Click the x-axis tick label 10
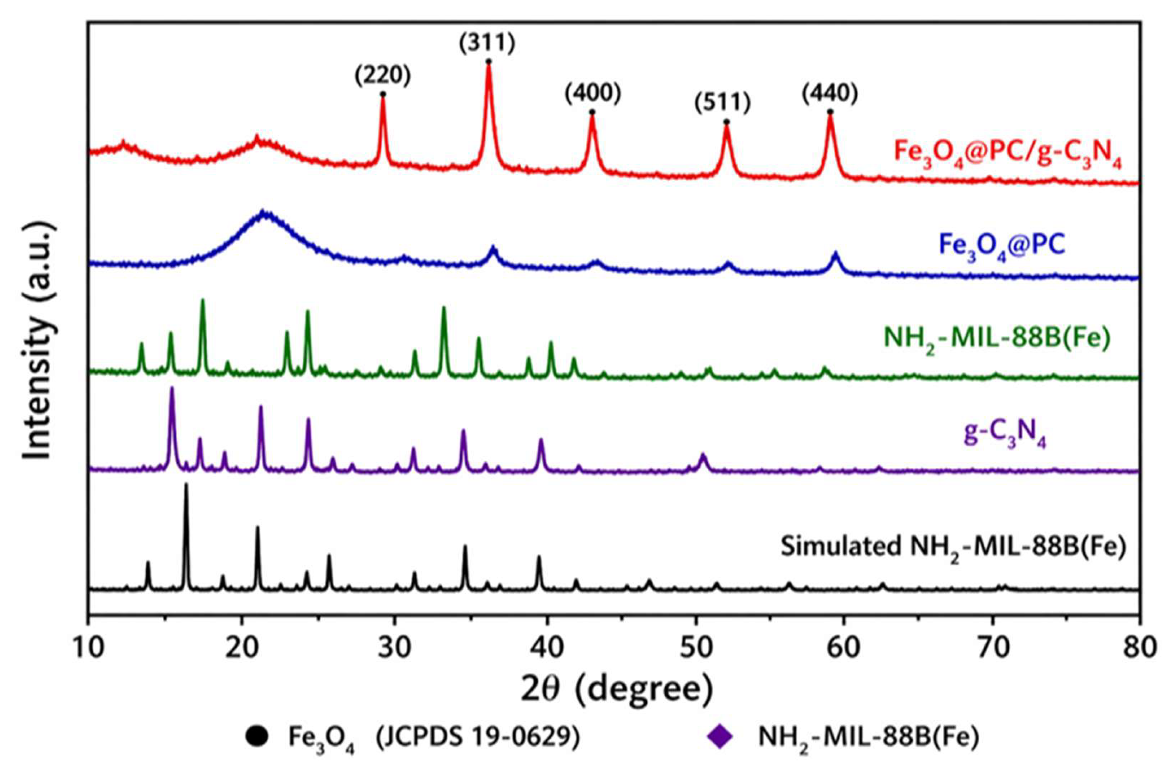tap(88, 648)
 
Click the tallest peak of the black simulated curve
tap(186, 486)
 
